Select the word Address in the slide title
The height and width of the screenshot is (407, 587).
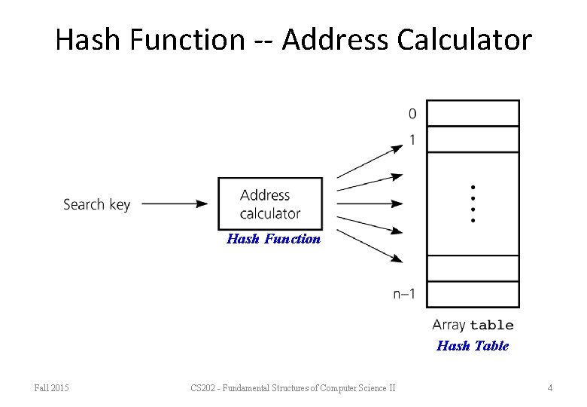pos(327,39)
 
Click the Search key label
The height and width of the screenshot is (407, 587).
pos(96,204)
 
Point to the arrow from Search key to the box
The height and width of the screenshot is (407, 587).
pos(175,203)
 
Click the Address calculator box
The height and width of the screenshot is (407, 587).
pos(270,203)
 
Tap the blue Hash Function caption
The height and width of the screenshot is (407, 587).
pos(273,239)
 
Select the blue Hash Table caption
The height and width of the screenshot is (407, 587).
pos(473,346)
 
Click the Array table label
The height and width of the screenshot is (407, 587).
pos(473,325)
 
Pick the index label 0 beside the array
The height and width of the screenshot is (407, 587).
pos(412,114)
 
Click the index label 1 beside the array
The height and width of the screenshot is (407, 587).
pos(412,139)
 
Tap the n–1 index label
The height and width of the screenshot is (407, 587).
pos(404,294)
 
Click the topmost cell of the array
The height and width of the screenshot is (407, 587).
pos(473,113)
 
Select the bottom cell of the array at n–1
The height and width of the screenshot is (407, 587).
pos(473,294)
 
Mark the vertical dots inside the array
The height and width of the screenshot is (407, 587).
pos(473,203)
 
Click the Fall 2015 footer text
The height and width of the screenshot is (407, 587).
pos(52,388)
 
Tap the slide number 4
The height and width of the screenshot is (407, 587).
pos(550,388)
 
